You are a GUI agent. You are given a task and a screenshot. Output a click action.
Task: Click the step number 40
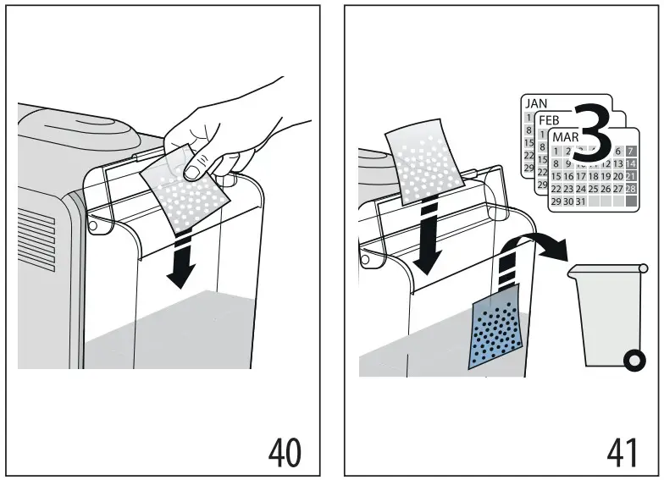pyautogui.click(x=284, y=452)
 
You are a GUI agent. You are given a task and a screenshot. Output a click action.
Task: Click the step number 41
pyautogui.click(x=622, y=452)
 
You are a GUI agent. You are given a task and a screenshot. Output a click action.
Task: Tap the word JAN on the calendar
pyautogui.click(x=537, y=103)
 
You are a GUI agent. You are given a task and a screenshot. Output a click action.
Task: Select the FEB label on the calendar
pyautogui.click(x=550, y=120)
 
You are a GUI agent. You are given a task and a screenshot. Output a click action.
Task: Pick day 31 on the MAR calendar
pyautogui.click(x=580, y=201)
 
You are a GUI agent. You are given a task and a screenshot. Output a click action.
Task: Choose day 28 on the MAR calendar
pyautogui.click(x=631, y=188)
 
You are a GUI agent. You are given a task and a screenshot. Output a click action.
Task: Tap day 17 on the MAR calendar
pyautogui.click(x=580, y=176)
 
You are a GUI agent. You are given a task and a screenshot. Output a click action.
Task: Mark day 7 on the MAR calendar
pyautogui.click(x=631, y=151)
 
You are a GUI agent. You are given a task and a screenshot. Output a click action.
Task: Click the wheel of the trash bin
pyautogui.click(x=631, y=362)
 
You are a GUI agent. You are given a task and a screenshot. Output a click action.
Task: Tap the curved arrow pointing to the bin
pyautogui.click(x=542, y=245)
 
